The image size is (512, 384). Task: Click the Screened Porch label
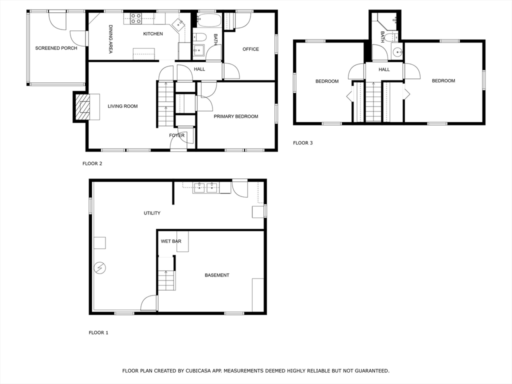tap(56, 48)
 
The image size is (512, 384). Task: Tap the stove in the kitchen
tap(136, 18)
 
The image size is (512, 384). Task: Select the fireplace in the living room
tap(83, 106)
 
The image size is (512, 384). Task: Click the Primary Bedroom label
tap(236, 116)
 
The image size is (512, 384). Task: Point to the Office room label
tap(250, 49)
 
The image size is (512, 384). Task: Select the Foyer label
tap(176, 135)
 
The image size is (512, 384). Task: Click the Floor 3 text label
tap(302, 143)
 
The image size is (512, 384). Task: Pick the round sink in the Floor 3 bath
tap(397, 51)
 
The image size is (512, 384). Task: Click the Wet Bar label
tap(171, 241)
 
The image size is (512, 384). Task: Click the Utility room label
tap(152, 213)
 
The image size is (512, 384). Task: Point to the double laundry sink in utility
tap(205, 187)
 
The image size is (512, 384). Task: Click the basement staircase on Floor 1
tap(166, 280)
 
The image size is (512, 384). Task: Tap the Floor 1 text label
tap(98, 332)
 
